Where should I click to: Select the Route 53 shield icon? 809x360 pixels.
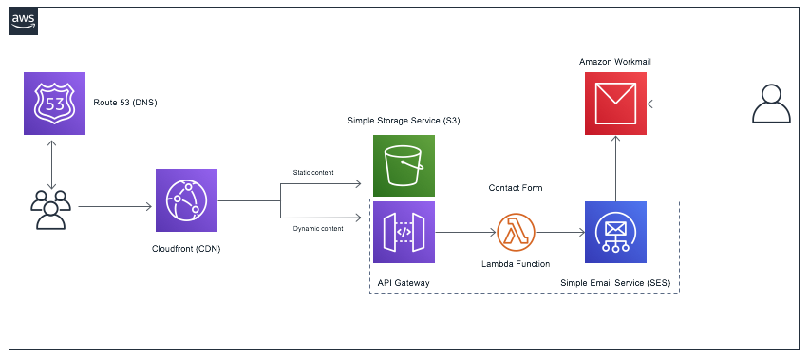pyautogui.click(x=54, y=104)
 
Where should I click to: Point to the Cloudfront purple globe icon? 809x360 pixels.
pyautogui.click(x=186, y=200)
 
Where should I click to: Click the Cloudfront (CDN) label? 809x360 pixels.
pyautogui.click(x=186, y=248)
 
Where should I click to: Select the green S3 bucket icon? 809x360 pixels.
pyautogui.click(x=404, y=165)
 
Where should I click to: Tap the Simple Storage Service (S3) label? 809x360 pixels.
pyautogui.click(x=404, y=122)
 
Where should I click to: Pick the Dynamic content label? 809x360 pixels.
pyautogui.click(x=318, y=228)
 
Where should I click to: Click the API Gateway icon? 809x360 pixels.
pyautogui.click(x=404, y=232)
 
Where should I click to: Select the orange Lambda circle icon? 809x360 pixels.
pyautogui.click(x=516, y=231)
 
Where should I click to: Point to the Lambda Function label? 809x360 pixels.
pyautogui.click(x=515, y=263)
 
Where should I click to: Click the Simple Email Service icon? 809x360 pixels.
pyautogui.click(x=616, y=232)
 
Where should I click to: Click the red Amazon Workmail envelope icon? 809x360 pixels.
pyautogui.click(x=615, y=104)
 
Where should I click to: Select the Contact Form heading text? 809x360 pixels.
pyautogui.click(x=516, y=188)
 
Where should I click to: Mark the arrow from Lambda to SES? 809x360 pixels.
pyautogui.click(x=560, y=232)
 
